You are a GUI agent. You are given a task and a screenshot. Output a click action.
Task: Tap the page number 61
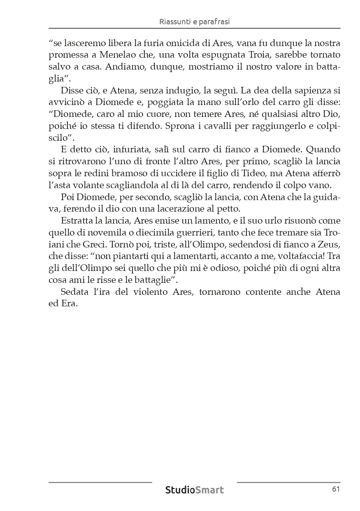pyautogui.click(x=336, y=489)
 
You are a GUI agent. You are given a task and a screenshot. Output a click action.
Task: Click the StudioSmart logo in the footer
pyautogui.click(x=195, y=490)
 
